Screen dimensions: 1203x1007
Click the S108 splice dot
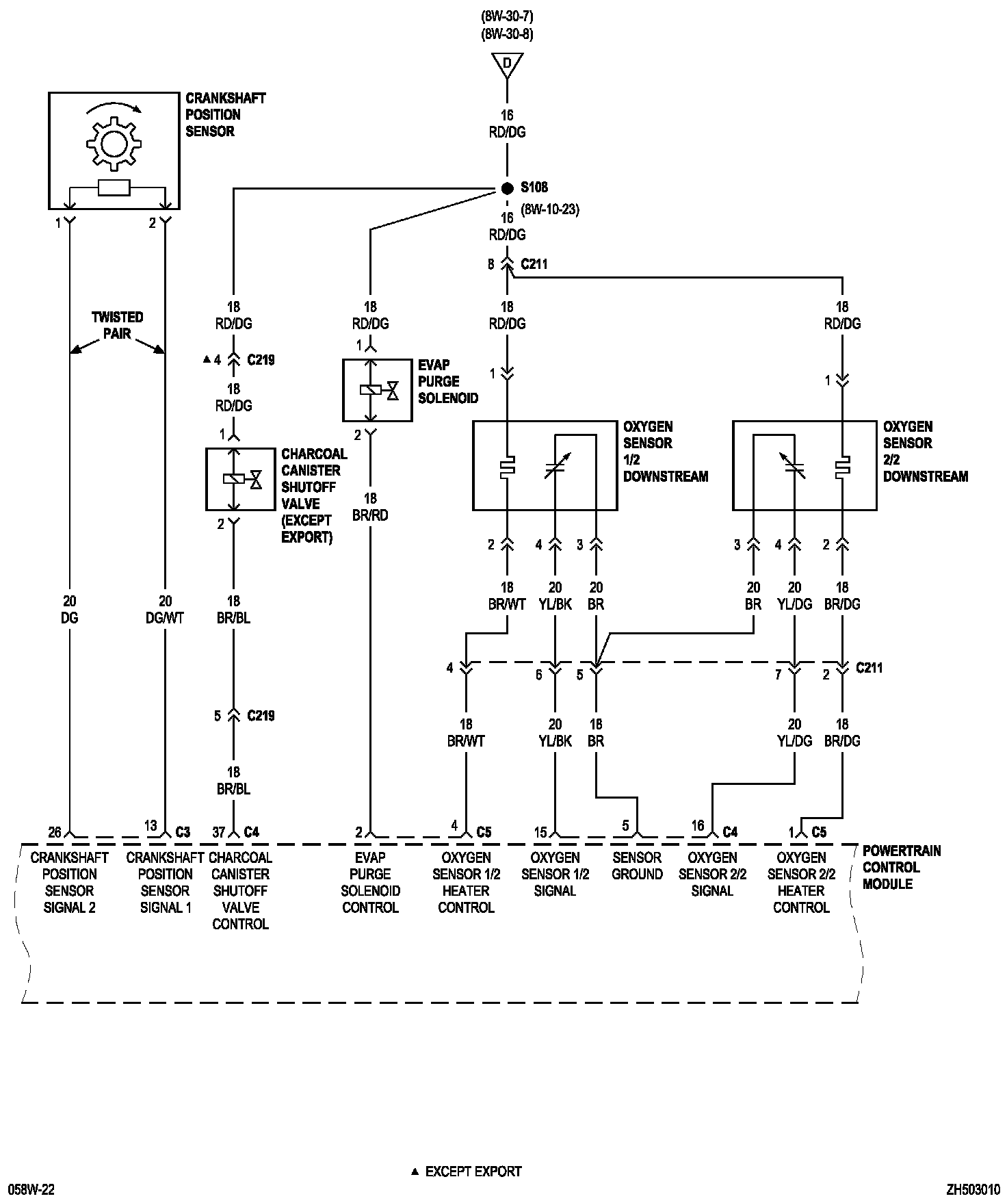[507, 187]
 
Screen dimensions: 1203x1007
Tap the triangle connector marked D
[507, 64]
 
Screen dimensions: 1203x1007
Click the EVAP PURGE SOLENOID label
[448, 381]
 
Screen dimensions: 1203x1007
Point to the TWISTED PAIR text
[118, 325]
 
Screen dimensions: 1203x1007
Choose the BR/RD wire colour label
[370, 515]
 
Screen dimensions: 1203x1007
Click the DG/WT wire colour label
[165, 618]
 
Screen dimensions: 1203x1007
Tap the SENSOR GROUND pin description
[637, 866]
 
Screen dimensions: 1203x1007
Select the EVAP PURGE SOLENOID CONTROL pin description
[370, 882]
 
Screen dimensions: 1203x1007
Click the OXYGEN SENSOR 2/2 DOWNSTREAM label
[925, 451]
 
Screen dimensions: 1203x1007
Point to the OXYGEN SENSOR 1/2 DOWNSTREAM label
[665, 451]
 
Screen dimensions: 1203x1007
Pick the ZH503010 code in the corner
[973, 1189]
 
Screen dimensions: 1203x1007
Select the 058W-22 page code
[28, 1189]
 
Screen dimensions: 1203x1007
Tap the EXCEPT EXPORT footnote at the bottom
[473, 1171]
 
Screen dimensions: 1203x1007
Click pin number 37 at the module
[218, 832]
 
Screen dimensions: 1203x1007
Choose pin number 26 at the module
[55, 832]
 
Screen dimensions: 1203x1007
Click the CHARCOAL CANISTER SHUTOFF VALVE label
[314, 495]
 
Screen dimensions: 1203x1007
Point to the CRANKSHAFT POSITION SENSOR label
[225, 114]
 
